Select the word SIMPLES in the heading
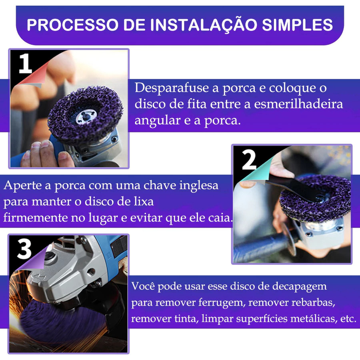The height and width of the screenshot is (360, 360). click(297, 25)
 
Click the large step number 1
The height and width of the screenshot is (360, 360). click(25, 63)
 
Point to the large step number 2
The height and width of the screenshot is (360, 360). click(249, 160)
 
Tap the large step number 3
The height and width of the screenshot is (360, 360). click(24, 249)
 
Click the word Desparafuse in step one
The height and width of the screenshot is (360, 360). click(172, 88)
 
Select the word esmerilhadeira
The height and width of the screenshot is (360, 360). click(298, 104)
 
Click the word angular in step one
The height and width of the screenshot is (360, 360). click(157, 121)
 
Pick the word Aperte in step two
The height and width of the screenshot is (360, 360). click(24, 186)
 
